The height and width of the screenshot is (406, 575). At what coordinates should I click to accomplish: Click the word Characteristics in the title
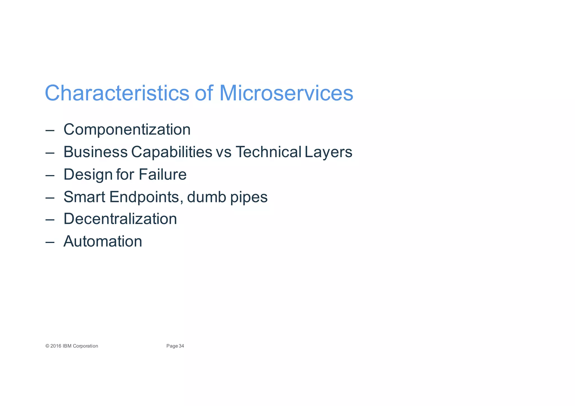point(117,93)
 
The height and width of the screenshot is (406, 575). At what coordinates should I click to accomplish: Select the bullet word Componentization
point(127,130)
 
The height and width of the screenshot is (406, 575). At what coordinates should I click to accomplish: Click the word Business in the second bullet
point(95,152)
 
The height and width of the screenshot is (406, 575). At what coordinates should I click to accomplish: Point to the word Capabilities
point(172,152)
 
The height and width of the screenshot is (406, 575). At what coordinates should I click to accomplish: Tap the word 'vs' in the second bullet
point(224,152)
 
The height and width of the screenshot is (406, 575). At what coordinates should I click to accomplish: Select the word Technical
point(268,152)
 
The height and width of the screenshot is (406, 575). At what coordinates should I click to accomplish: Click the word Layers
point(328,152)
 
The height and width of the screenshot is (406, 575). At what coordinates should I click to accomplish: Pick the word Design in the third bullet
point(88,175)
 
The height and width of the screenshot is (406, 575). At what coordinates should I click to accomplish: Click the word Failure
point(162,175)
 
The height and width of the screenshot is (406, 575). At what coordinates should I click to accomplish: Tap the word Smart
point(84,197)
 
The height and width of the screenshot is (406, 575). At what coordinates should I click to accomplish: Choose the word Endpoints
point(144,197)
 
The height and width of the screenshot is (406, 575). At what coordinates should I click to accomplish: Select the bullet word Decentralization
point(120,219)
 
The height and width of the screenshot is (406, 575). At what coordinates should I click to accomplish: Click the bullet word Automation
point(103,241)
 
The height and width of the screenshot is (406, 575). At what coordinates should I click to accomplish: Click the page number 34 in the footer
point(181,346)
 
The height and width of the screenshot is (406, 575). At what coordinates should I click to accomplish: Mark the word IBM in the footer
point(67,346)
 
